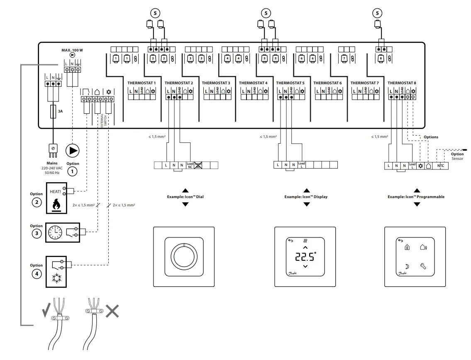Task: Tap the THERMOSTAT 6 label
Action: [327, 83]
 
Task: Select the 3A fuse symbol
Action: [53, 112]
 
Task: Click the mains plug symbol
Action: [53, 150]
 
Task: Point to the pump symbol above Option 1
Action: [73, 150]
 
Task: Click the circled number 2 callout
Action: [37, 203]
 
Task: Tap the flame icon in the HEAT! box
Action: [56, 206]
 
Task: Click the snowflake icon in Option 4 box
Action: [56, 278]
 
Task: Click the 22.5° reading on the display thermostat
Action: [305, 257]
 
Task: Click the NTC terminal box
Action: [441, 165]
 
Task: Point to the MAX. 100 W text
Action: [72, 50]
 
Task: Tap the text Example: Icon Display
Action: [306, 197]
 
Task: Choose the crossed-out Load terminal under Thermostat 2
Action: [198, 165]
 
